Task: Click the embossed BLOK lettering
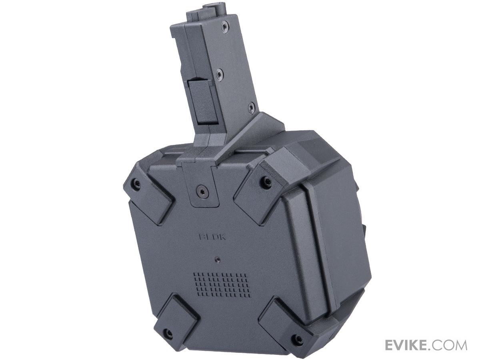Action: point(212,237)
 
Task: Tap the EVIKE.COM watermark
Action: point(426,345)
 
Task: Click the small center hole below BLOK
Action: point(218,259)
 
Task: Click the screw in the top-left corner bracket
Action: point(136,182)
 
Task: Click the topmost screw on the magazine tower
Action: point(224,27)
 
